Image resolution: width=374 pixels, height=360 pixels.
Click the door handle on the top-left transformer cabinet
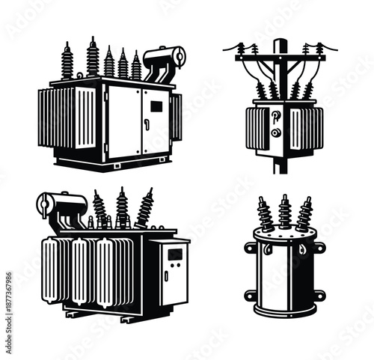click(x=147, y=123)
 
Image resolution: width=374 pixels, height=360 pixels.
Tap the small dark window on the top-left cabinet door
click(x=156, y=106)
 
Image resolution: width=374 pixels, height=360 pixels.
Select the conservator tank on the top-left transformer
click(x=166, y=58)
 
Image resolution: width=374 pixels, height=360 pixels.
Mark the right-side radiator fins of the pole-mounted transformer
click(x=307, y=127)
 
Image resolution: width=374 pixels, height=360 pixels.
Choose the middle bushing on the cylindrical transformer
click(x=285, y=211)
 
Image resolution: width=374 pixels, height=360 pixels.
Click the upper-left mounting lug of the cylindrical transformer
click(x=251, y=247)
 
